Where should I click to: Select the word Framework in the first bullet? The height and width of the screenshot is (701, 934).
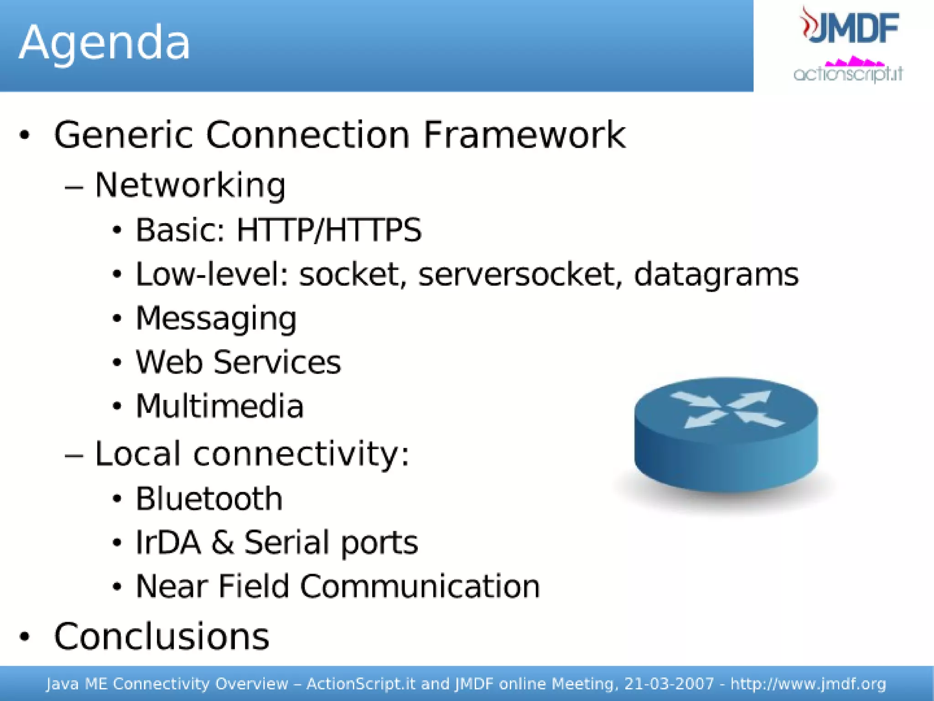(x=524, y=135)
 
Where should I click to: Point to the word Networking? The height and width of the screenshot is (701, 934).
(x=190, y=186)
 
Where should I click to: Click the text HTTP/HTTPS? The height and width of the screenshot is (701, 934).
(x=329, y=230)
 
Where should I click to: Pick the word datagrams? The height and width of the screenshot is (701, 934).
(x=716, y=275)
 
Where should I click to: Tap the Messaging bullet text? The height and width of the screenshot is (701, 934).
(x=216, y=319)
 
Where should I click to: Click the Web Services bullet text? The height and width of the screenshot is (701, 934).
(x=238, y=362)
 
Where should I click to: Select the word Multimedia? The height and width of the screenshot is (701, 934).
(x=220, y=406)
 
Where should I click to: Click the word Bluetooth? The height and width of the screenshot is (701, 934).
(x=209, y=498)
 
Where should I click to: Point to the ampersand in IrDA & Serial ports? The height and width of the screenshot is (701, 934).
(x=222, y=543)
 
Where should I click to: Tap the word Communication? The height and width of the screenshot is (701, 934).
(x=420, y=586)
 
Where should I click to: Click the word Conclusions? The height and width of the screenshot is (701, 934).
(x=161, y=637)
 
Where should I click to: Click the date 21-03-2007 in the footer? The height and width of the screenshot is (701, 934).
(x=669, y=684)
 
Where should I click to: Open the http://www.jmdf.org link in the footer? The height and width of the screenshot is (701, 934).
(x=808, y=684)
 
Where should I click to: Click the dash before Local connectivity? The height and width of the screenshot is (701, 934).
(x=74, y=455)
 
